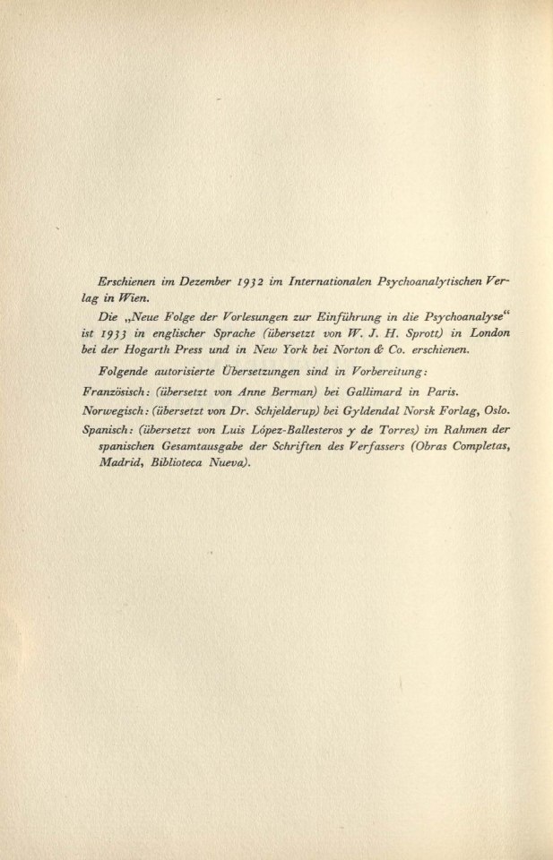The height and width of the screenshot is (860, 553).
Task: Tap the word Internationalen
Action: (327, 281)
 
